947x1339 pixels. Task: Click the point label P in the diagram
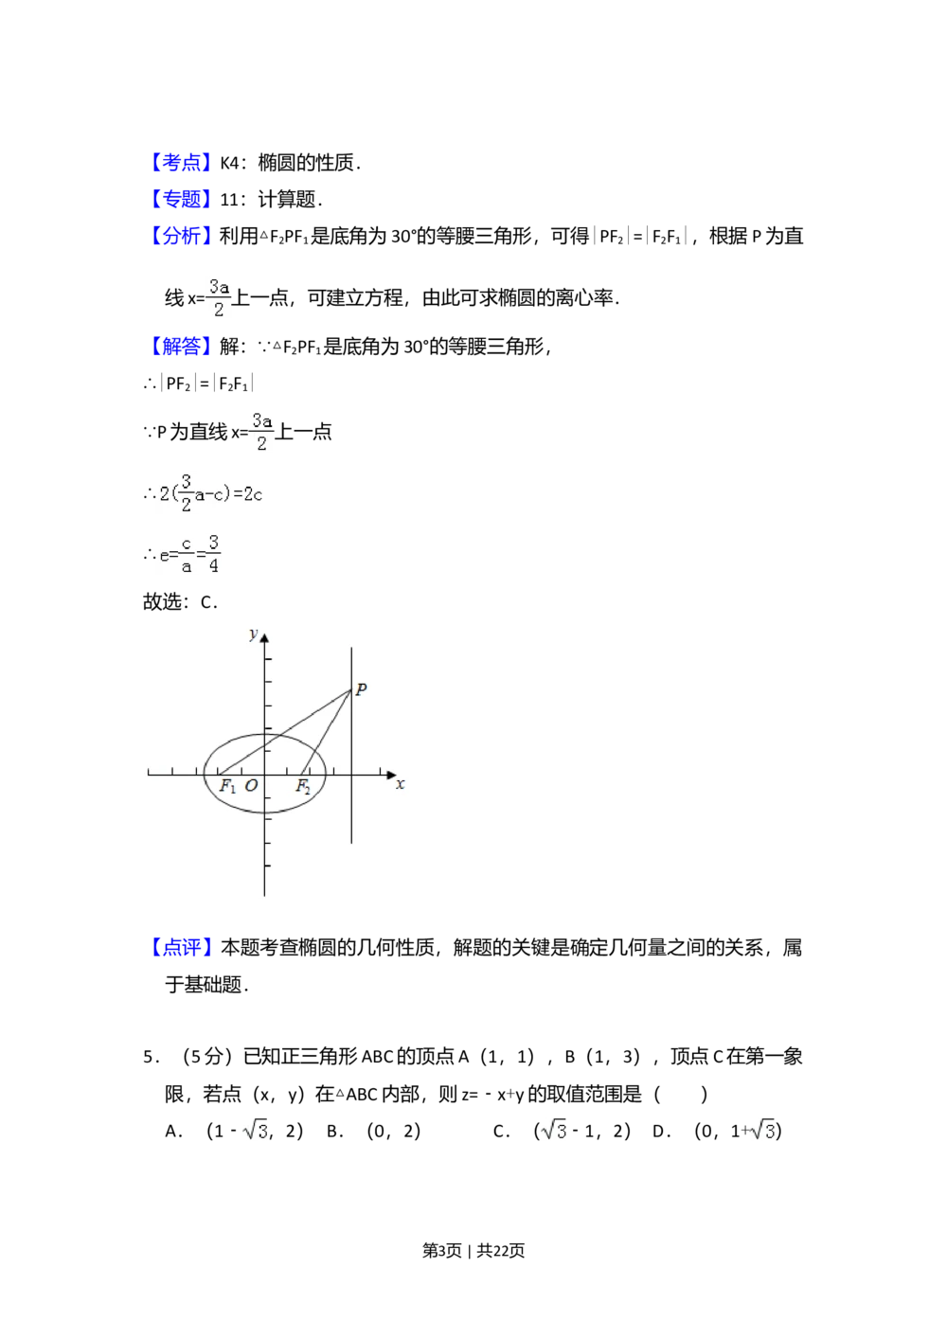pyautogui.click(x=361, y=689)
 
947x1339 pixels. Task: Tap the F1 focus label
pyautogui.click(x=227, y=786)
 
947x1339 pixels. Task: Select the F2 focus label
pyautogui.click(x=303, y=786)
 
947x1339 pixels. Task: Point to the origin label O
pyautogui.click(x=251, y=786)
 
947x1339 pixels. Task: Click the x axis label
pyautogui.click(x=401, y=784)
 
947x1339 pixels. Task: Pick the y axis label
pyautogui.click(x=253, y=633)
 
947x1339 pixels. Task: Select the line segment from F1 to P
pyautogui.click(x=284, y=732)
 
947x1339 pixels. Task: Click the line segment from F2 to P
pyautogui.click(x=327, y=730)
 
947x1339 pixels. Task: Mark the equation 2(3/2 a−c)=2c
pyautogui.click(x=208, y=492)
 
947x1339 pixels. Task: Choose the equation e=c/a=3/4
pyautogui.click(x=189, y=553)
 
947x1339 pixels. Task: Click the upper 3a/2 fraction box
pyautogui.click(x=220, y=298)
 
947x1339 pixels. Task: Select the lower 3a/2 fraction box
pyautogui.click(x=261, y=432)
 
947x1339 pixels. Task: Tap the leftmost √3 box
pyautogui.click(x=254, y=1129)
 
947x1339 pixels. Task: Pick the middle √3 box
pyautogui.click(x=553, y=1129)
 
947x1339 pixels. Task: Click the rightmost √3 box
pyautogui.click(x=761, y=1129)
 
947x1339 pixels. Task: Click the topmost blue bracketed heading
pyautogui.click(x=181, y=163)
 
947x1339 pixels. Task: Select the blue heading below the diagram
pyautogui.click(x=182, y=947)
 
